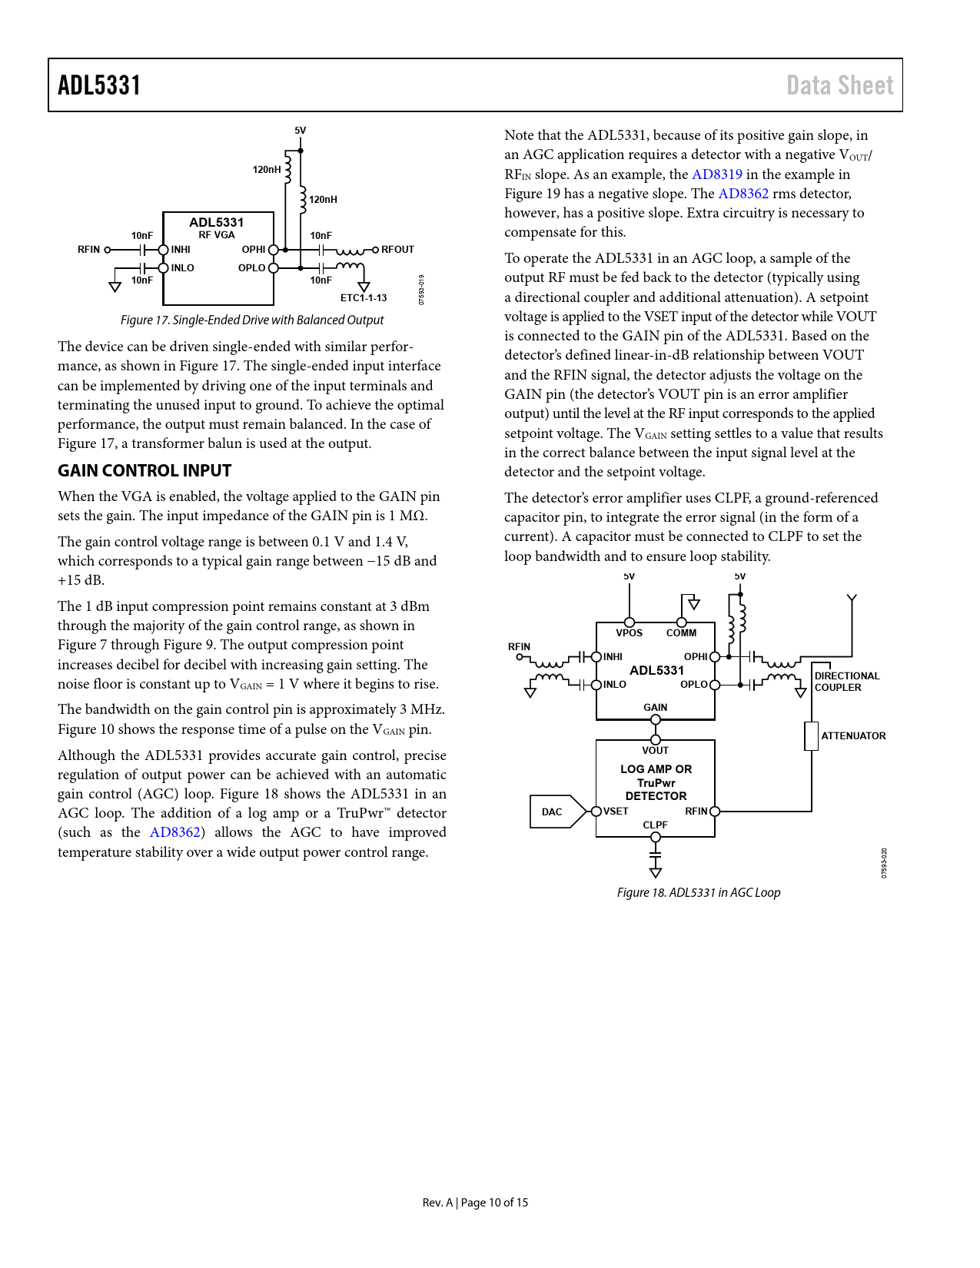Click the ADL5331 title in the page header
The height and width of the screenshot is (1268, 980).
pos(99,85)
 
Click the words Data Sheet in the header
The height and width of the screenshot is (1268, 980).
pos(839,85)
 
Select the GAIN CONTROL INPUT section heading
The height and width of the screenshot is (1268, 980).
pos(145,471)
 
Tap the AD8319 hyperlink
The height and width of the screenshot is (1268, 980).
pos(716,174)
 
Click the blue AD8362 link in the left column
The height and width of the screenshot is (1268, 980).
pos(175,832)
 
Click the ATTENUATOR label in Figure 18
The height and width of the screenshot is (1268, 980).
pos(853,735)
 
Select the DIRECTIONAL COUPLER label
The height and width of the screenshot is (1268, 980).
pos(846,682)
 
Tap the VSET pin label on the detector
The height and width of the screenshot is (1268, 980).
pos(616,811)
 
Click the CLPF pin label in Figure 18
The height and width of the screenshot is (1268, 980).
pos(655,825)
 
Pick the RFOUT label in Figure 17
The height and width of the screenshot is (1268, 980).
pos(397,249)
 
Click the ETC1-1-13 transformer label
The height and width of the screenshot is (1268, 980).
pos(364,297)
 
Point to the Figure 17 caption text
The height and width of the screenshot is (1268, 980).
pos(252,320)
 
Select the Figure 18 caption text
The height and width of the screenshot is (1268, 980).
pos(698,892)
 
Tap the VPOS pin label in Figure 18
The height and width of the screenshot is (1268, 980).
pos(629,632)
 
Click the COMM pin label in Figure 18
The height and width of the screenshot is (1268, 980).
pos(681,632)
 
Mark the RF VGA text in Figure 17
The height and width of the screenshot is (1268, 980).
pos(217,235)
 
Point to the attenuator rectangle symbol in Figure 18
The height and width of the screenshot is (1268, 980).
pos(811,735)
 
